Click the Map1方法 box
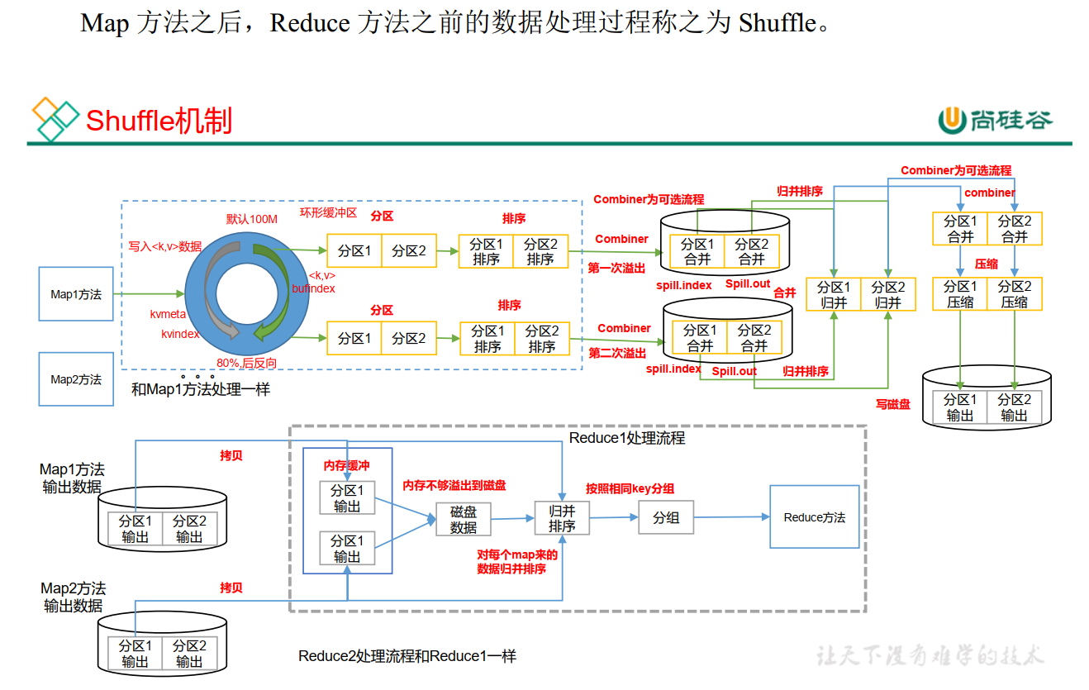[76, 294]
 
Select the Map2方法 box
[76, 379]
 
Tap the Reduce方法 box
[814, 517]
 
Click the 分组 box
[666, 517]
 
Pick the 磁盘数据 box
[464, 519]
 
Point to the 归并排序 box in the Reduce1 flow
[562, 518]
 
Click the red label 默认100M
[252, 219]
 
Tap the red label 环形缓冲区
[327, 212]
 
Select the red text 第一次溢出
[617, 268]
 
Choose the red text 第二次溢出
[617, 353]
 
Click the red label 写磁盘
[893, 404]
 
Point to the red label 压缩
[987, 264]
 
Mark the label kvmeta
[168, 314]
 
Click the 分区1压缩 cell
[960, 294]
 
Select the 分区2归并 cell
[888, 294]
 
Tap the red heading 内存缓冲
[347, 466]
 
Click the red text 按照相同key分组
[630, 488]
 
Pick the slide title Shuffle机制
[159, 121]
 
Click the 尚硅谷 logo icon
[952, 121]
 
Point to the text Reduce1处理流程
[627, 438]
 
